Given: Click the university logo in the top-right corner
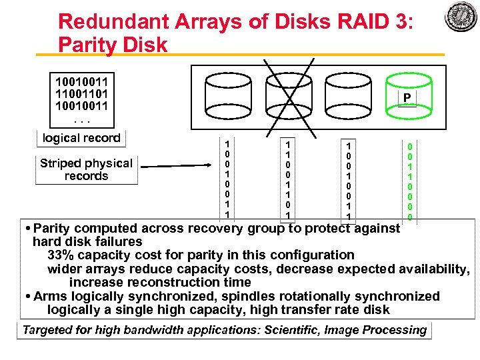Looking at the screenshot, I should click(x=460, y=17).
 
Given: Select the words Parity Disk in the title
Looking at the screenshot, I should click(x=113, y=45).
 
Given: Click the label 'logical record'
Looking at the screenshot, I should click(x=81, y=138).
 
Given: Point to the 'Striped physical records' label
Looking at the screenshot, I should click(x=86, y=169).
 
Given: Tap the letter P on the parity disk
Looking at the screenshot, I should click(x=405, y=99).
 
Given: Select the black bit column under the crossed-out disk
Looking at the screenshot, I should click(x=287, y=180).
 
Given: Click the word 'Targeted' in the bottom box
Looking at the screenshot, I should click(x=48, y=330).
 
